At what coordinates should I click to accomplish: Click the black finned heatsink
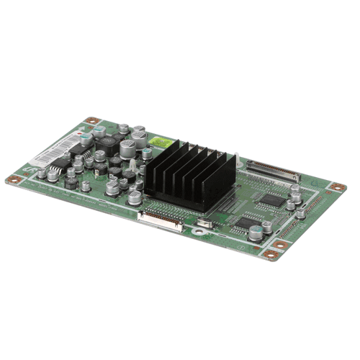tap(189, 176)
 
